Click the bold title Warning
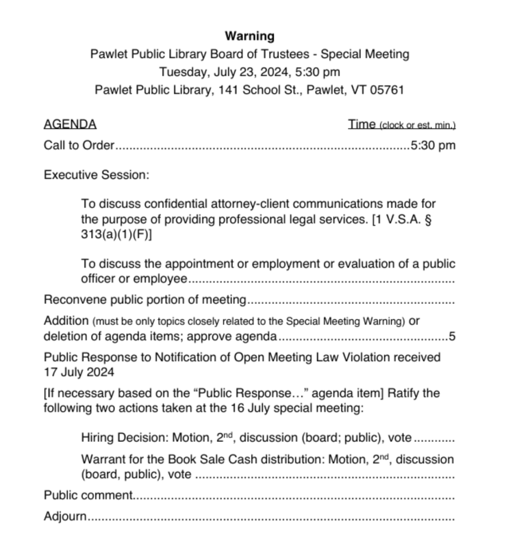point(250,36)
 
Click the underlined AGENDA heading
point(70,124)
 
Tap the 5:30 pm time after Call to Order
point(433,146)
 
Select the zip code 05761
point(387,90)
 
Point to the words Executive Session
point(96,175)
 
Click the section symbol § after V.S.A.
point(428,221)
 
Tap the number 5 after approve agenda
point(452,337)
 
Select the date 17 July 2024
point(79,372)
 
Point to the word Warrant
point(101,460)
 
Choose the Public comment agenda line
point(88,495)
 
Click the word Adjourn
point(65,516)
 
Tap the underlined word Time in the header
point(362,124)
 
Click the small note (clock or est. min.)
point(417,126)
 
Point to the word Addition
point(66,320)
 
